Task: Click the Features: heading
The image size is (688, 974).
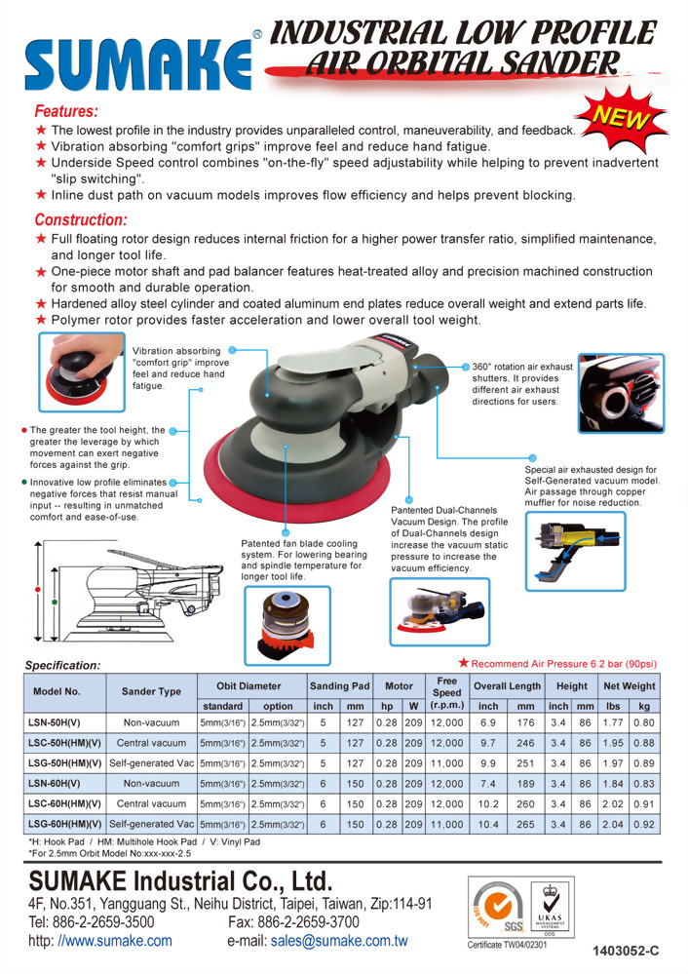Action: click(x=65, y=111)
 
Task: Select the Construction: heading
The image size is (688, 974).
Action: click(x=81, y=219)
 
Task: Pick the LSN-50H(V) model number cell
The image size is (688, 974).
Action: click(x=56, y=723)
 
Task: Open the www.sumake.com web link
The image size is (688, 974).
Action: click(x=115, y=941)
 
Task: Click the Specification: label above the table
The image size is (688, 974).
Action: click(x=62, y=665)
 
